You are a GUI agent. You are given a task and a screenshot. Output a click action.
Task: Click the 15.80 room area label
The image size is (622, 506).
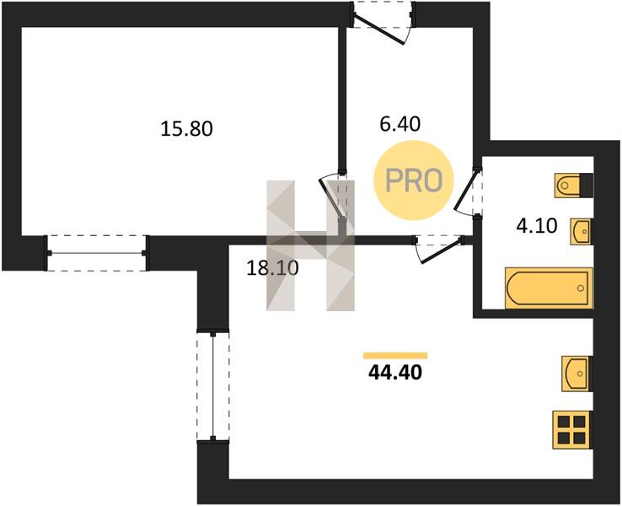(x=187, y=129)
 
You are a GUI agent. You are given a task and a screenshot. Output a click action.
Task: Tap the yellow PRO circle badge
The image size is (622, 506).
(x=414, y=180)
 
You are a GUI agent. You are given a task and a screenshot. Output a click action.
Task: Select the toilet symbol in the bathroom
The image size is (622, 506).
(x=573, y=185)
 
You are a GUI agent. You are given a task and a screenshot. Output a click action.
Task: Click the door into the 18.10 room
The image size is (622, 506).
(x=439, y=247)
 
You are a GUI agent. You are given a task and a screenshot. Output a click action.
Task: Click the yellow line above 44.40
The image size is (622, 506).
(x=394, y=356)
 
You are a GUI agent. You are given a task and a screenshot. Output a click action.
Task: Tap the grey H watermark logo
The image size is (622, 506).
(x=309, y=245)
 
